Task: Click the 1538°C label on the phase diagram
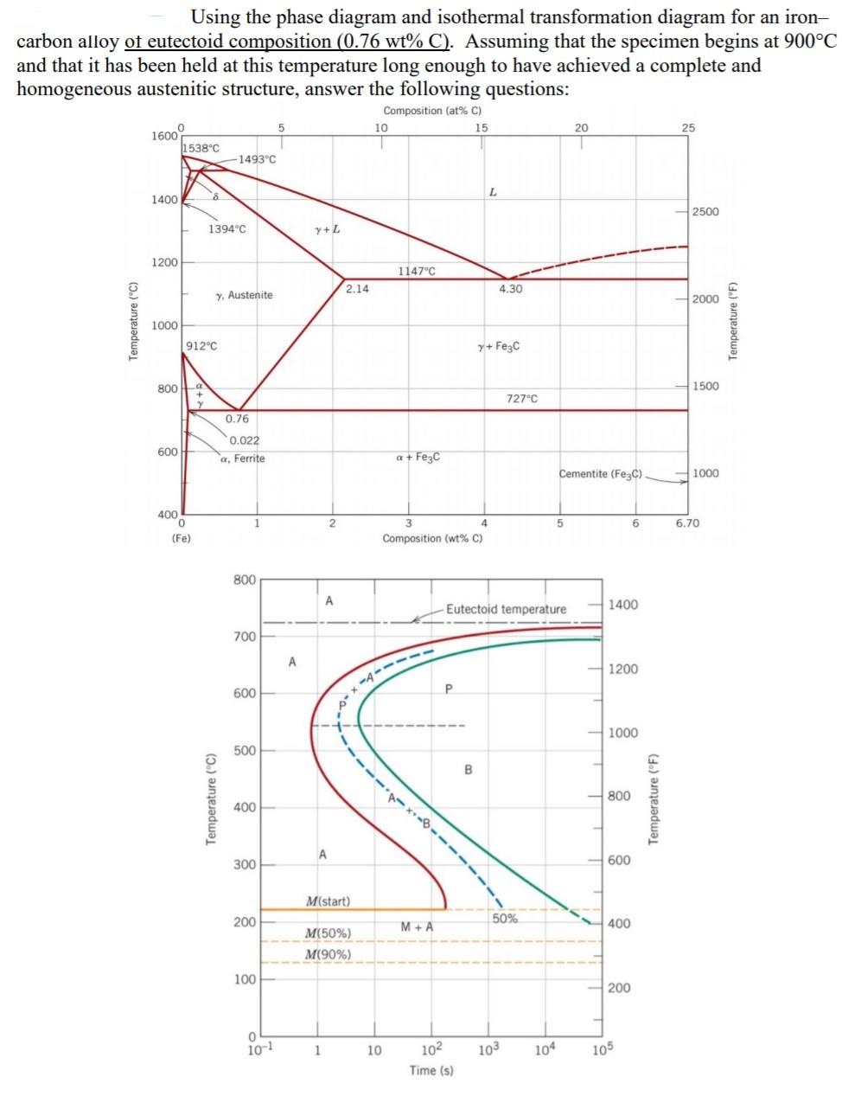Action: [201, 148]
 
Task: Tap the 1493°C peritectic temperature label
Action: [257, 159]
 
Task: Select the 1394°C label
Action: [226, 229]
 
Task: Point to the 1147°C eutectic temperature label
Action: [416, 271]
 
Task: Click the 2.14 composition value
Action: [357, 289]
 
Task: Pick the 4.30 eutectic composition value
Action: [510, 289]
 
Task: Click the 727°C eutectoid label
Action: [521, 399]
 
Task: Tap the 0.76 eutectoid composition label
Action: [237, 420]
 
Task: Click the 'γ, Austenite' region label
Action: [244, 295]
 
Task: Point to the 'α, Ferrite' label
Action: [242, 458]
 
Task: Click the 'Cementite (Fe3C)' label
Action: [601, 474]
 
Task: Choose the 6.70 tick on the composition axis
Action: [687, 523]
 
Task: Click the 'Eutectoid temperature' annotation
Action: [506, 609]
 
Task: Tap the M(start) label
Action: [328, 901]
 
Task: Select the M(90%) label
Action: [328, 954]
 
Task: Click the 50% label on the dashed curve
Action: [505, 919]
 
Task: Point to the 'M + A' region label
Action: [417, 927]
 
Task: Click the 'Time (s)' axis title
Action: [431, 1071]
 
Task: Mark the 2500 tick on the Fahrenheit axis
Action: [705, 212]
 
